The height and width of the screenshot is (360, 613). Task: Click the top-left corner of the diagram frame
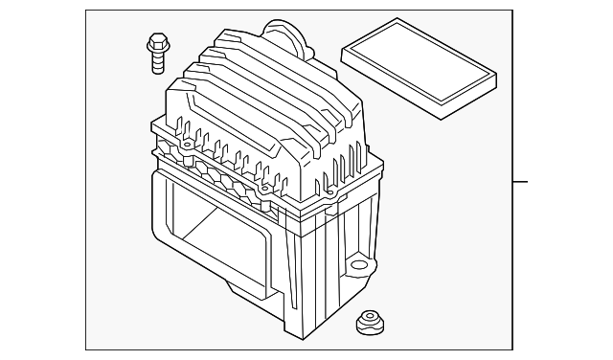85,11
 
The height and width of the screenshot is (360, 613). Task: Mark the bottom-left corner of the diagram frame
85,349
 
